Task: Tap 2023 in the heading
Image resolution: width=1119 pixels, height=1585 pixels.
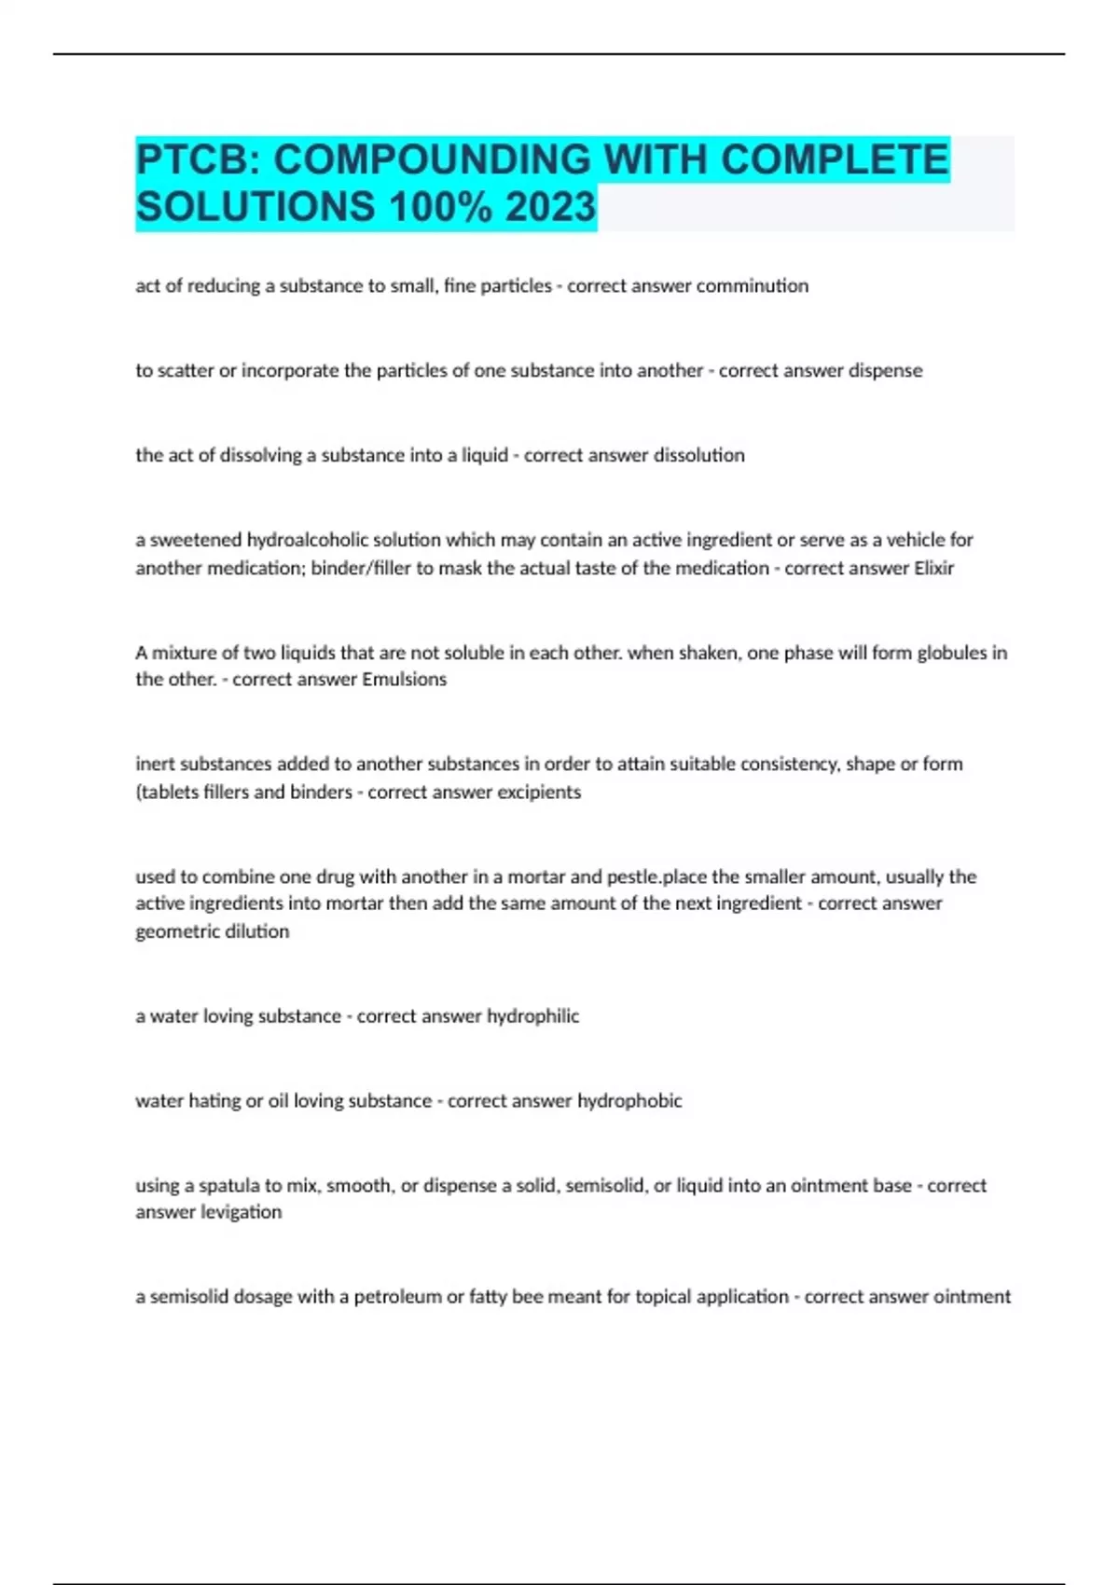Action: point(550,207)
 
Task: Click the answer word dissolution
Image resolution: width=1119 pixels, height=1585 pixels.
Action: point(698,456)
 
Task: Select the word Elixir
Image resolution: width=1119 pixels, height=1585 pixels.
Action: point(933,569)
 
